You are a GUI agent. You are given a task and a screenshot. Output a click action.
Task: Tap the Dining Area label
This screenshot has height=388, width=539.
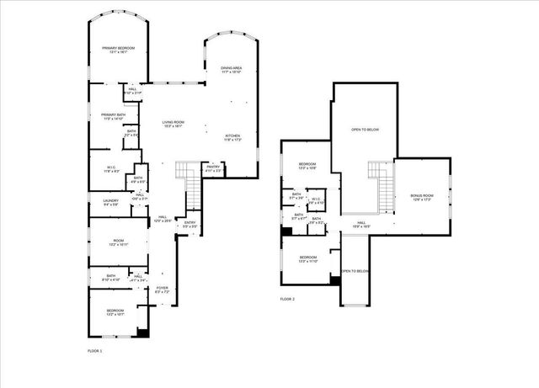coord(232,70)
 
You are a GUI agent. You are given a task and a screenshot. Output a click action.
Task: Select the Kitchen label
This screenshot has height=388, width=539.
coord(232,137)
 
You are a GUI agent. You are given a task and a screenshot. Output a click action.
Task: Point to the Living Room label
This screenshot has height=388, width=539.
coord(173,124)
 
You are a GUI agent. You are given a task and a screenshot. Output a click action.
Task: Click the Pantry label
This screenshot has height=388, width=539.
coord(213,168)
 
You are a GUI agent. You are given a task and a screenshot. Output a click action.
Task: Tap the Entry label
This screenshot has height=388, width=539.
coord(190,224)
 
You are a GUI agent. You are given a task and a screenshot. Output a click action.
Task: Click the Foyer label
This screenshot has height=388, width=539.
coord(162,290)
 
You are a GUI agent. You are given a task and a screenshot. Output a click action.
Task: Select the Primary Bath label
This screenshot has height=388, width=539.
coord(113,116)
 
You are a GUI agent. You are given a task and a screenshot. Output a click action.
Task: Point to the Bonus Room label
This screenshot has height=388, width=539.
coord(421,197)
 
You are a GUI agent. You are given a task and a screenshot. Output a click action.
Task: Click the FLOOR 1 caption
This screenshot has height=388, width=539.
coord(94,350)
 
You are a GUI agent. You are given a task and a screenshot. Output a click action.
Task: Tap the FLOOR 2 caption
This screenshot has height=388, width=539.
coord(287,299)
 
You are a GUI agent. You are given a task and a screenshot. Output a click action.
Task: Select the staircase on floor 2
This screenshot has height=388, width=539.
coord(380,180)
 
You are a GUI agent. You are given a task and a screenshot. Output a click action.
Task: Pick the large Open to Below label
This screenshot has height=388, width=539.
coord(365,130)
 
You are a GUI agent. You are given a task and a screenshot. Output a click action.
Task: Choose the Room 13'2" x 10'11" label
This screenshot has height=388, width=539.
coord(119,242)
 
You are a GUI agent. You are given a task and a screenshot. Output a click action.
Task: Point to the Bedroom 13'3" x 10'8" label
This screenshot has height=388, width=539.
coord(307,166)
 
